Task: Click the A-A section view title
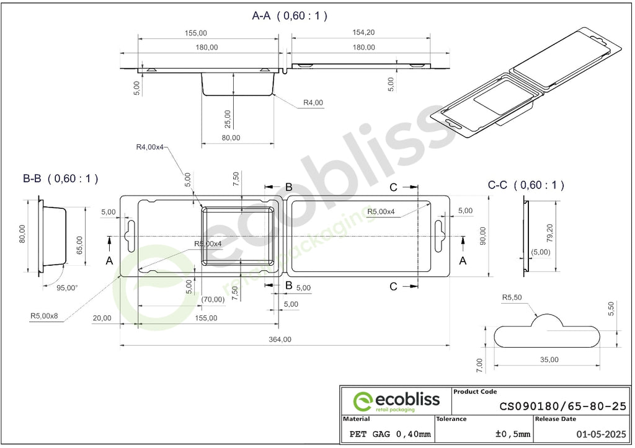pos(290,15)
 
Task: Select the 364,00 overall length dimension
pos(280,340)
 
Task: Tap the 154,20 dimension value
pos(363,32)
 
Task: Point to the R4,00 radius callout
pos(313,103)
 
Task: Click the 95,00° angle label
pos(67,288)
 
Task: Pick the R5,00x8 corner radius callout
pos(44,315)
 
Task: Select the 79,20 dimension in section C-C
pos(549,233)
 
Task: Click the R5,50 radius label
pos(512,297)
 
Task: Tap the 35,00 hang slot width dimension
pos(549,360)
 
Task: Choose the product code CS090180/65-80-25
pos(563,406)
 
